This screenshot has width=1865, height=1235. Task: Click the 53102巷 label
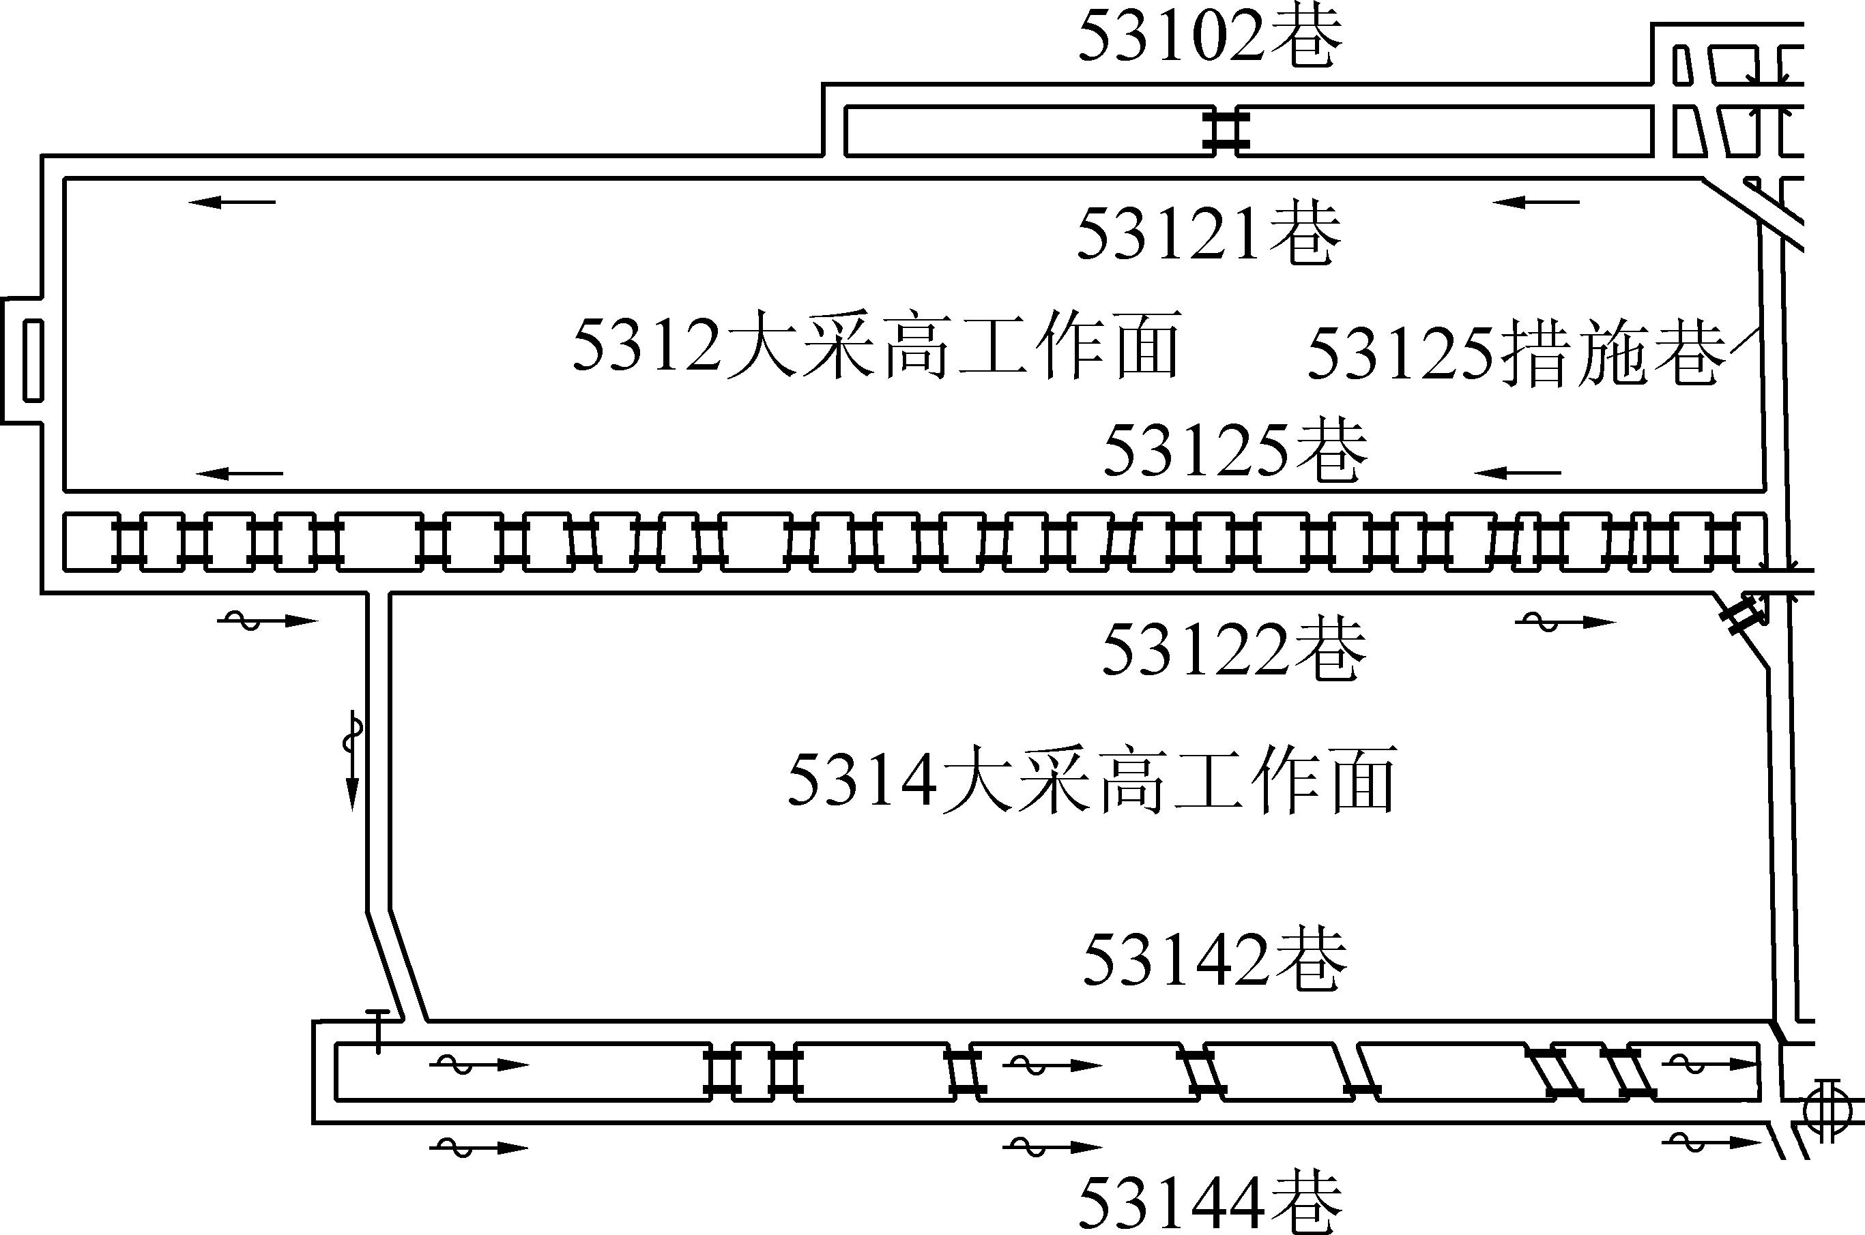(1209, 37)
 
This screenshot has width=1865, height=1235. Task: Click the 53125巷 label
(1234, 451)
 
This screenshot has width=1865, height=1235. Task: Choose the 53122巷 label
(1233, 651)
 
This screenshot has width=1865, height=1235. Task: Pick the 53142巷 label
(1215, 960)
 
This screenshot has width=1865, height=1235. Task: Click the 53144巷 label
(1209, 1203)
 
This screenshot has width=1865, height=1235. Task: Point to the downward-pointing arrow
(353, 761)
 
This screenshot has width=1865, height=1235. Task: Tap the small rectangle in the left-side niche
(33, 361)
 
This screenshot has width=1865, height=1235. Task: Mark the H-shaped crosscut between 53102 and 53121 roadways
(1225, 131)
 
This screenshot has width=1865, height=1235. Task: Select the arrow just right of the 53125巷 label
(1517, 473)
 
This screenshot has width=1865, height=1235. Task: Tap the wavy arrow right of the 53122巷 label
(1565, 622)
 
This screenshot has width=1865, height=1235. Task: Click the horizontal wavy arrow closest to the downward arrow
(267, 621)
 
